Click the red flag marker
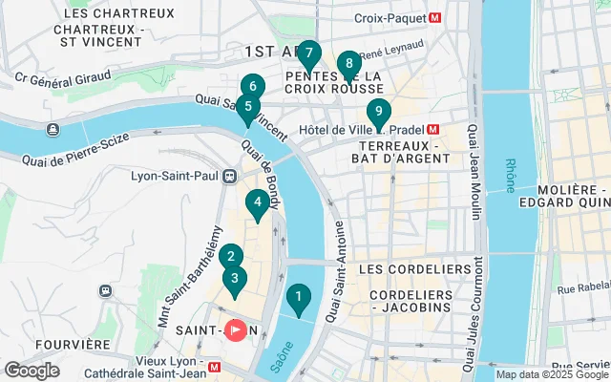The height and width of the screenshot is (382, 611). pyautogui.click(x=234, y=329)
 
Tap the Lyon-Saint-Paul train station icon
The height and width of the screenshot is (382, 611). pyautogui.click(x=229, y=176)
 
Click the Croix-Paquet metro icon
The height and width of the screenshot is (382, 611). pyautogui.click(x=435, y=17)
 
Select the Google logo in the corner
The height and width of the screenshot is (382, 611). pyautogui.click(x=32, y=371)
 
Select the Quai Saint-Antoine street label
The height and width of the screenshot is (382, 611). pyautogui.click(x=336, y=270)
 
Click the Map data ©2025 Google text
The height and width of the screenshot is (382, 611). pyautogui.click(x=552, y=374)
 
